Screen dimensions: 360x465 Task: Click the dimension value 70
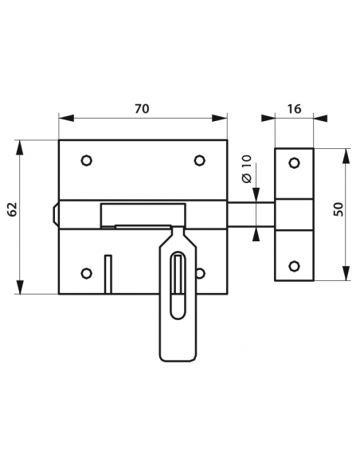pyautogui.click(x=142, y=109)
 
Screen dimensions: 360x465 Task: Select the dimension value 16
pyautogui.click(x=294, y=109)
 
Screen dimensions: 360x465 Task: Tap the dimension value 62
pyautogui.click(x=13, y=209)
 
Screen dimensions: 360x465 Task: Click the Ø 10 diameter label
pyautogui.click(x=247, y=169)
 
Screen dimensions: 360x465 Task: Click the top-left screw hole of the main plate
pyautogui.click(x=86, y=160)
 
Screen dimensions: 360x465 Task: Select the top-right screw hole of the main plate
pyautogui.click(x=199, y=160)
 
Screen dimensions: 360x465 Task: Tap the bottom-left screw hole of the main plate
pyautogui.click(x=86, y=273)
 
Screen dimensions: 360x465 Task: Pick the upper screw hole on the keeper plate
pyautogui.click(x=294, y=162)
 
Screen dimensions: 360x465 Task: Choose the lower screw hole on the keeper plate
pyautogui.click(x=294, y=266)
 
